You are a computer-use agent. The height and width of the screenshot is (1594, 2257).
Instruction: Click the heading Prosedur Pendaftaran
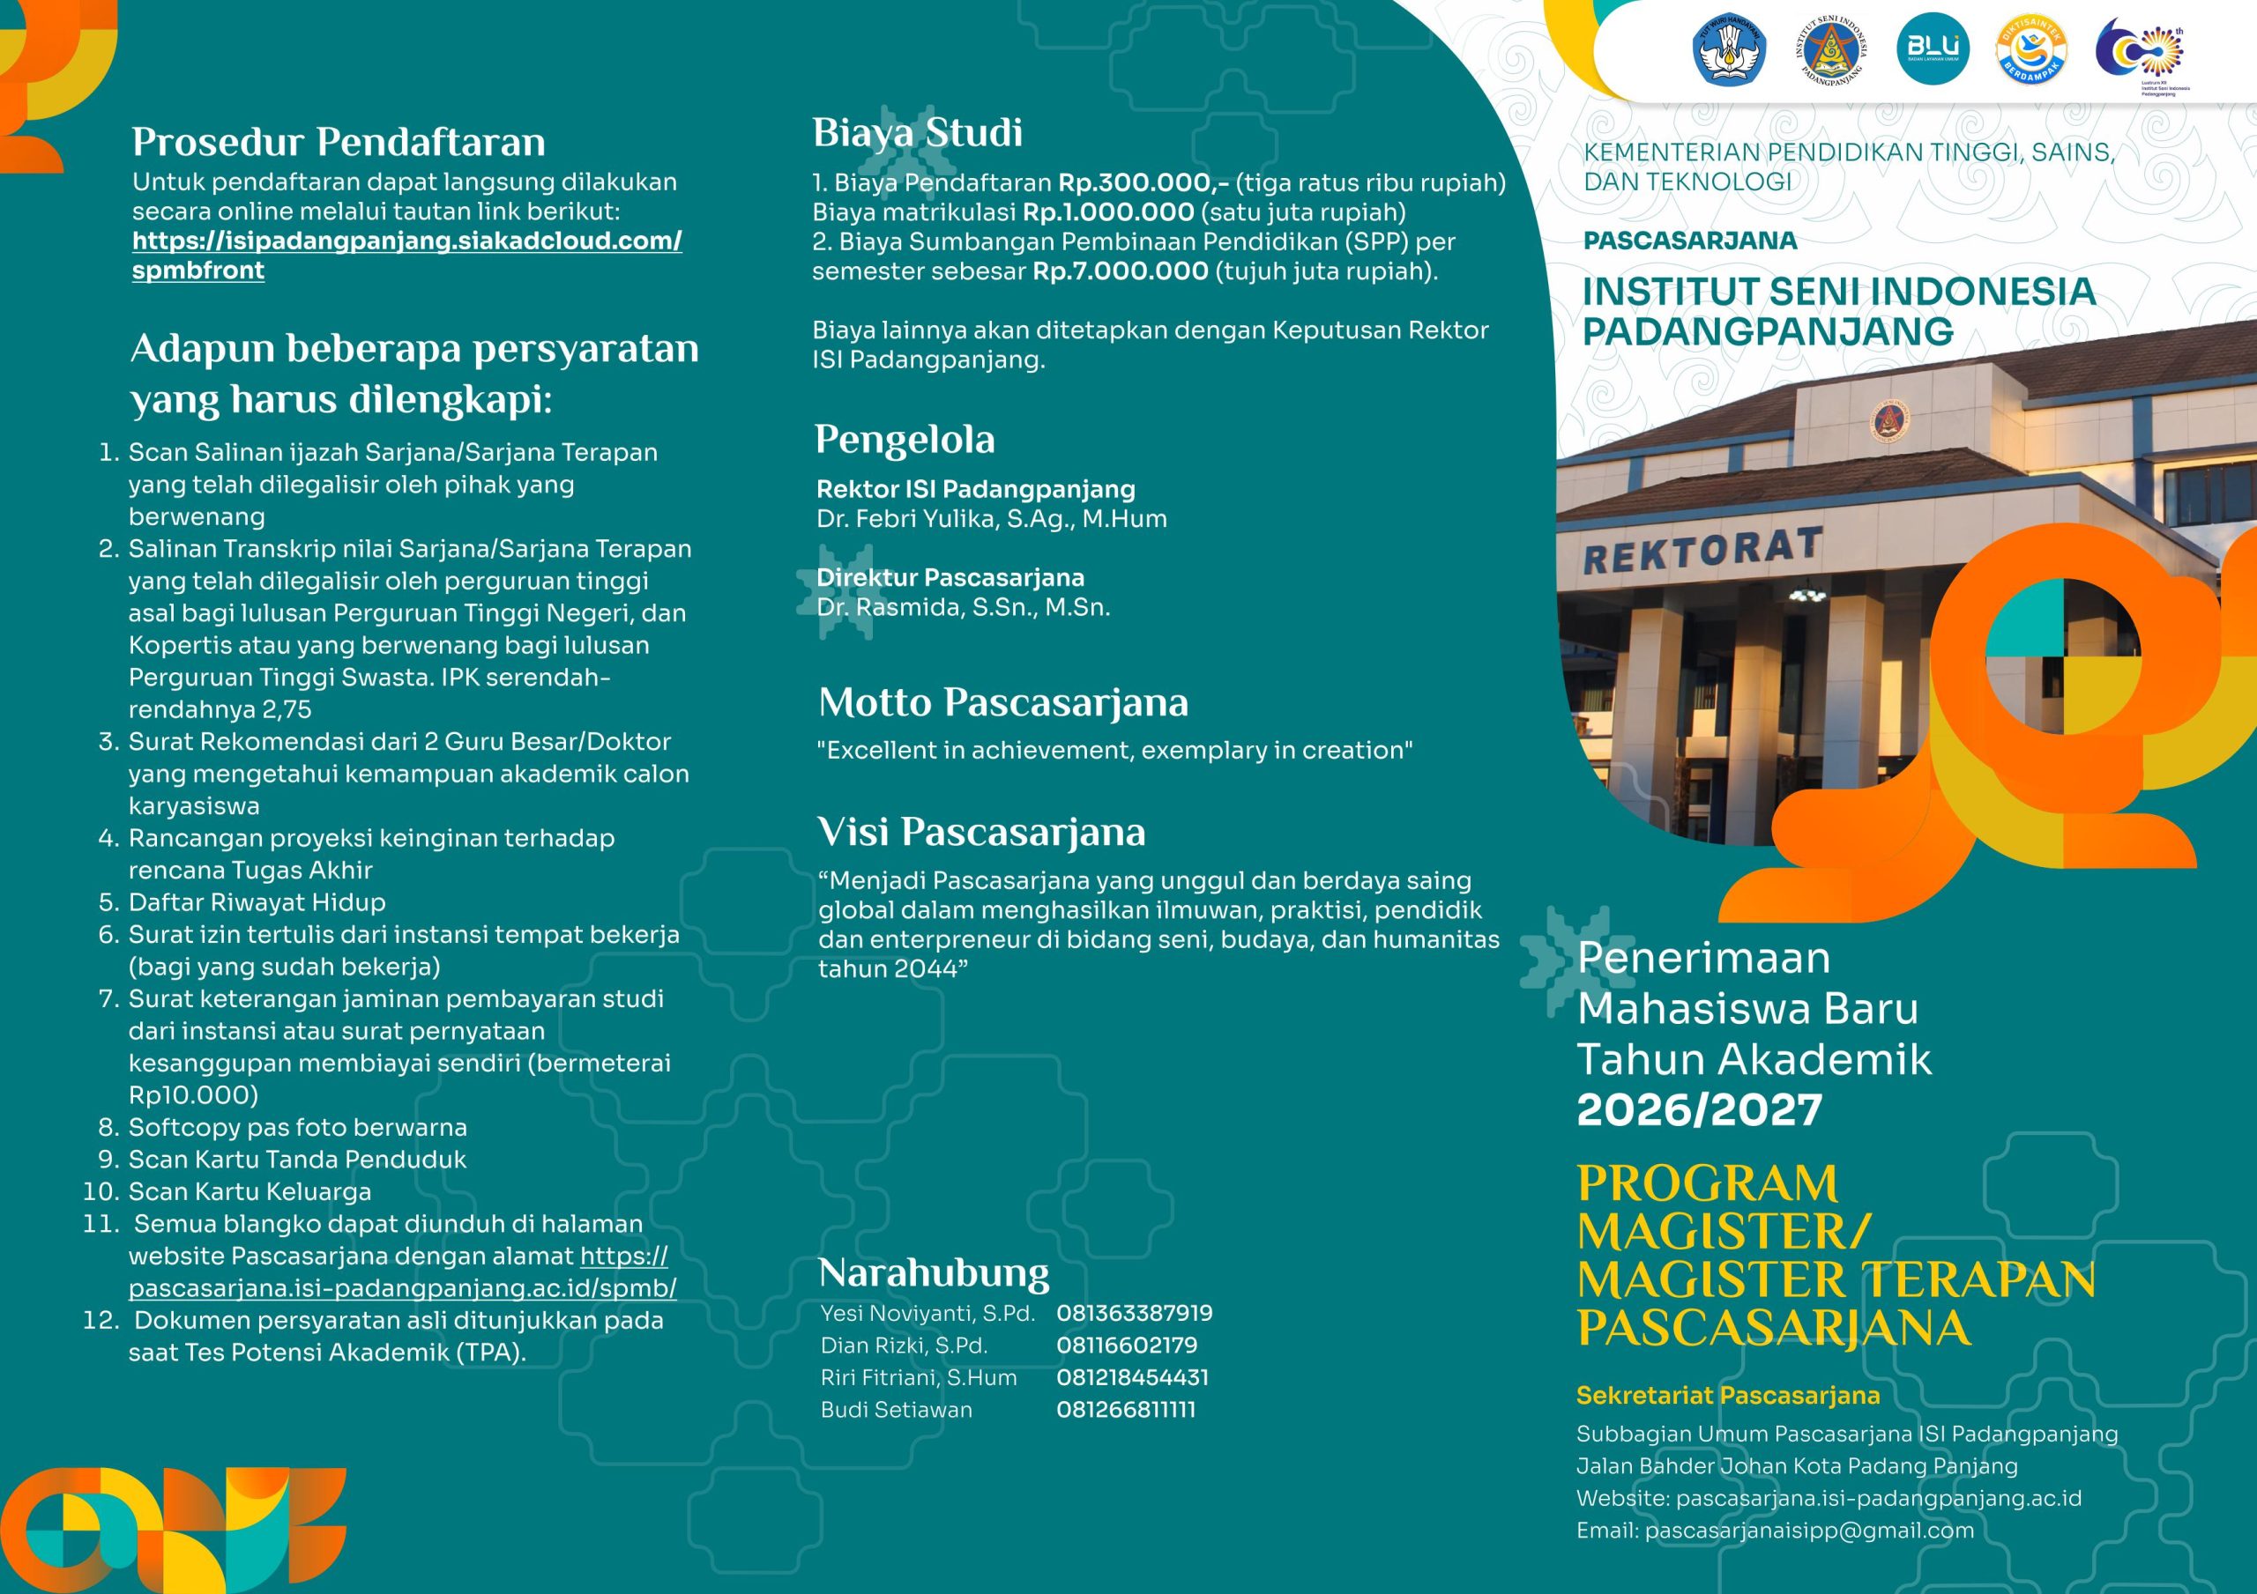coord(339,143)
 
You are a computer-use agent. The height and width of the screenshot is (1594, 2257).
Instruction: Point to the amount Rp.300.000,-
coord(1143,182)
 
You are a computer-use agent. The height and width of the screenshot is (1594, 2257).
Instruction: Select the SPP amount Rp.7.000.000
coord(1120,271)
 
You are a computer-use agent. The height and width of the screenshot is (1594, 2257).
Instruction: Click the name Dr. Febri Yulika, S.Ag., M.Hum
coord(991,519)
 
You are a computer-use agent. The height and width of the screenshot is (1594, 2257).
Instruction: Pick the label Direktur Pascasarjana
coord(950,578)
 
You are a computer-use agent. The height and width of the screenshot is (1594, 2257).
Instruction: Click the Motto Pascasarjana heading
coord(1002,702)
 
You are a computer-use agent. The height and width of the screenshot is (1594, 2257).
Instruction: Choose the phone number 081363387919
coord(1134,1313)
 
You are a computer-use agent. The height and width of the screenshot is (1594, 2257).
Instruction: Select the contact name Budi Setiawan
coord(896,1409)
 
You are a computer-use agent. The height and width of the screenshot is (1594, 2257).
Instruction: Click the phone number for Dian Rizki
coord(1126,1346)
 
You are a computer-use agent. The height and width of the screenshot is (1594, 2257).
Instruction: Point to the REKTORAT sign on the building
coord(1702,551)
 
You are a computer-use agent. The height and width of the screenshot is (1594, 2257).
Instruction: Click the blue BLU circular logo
coord(1933,48)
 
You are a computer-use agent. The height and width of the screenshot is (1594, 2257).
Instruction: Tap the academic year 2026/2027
coord(1699,1110)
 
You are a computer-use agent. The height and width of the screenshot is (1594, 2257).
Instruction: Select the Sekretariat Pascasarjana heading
coord(1727,1396)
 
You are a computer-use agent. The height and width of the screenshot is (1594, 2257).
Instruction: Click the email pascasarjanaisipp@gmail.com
coord(1775,1531)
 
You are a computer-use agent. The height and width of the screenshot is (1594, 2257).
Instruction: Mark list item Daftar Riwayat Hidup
coord(257,902)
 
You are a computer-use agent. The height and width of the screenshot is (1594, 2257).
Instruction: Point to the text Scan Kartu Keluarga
coord(250,1192)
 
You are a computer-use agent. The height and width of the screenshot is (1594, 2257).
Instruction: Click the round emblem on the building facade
coord(1888,423)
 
